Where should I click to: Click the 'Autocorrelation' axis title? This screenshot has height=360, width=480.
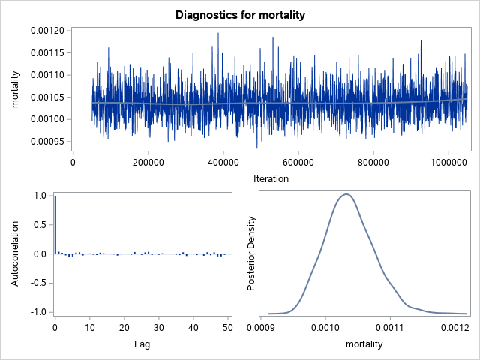click(16, 253)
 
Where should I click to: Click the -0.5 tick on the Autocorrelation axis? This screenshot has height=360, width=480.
click(39, 283)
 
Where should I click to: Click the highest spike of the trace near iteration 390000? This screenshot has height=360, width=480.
click(218, 34)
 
